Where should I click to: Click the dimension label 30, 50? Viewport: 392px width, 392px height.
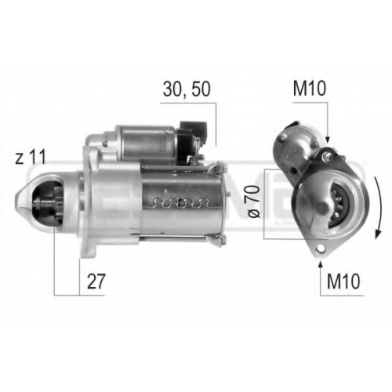click(187, 89)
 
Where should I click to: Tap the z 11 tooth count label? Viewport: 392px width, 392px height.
click(31, 158)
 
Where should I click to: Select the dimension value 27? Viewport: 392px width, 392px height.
click(96, 281)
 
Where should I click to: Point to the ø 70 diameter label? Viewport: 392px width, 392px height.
click(254, 201)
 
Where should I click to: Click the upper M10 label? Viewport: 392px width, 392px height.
click(310, 89)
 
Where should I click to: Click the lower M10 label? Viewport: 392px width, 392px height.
click(343, 281)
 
